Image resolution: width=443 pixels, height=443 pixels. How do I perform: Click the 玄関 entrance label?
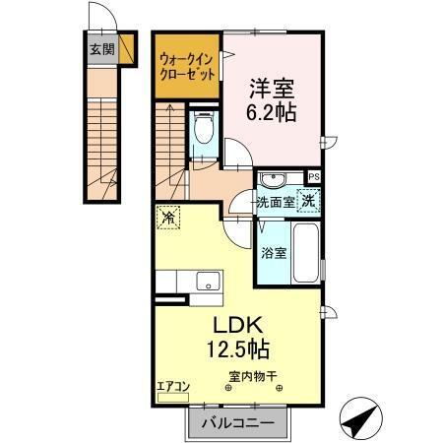point(101,48)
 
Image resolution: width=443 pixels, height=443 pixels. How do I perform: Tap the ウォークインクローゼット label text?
point(185,65)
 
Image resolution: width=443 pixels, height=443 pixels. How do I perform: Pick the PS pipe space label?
point(314,177)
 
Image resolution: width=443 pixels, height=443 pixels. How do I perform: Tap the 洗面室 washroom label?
point(276,202)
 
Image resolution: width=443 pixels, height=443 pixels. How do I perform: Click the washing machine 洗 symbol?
point(308,200)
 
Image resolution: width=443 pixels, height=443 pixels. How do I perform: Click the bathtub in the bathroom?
point(306,253)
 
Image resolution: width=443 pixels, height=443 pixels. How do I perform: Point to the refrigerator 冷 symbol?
point(169,219)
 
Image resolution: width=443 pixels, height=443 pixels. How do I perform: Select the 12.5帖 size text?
point(236,348)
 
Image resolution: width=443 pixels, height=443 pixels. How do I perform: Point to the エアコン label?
point(173,386)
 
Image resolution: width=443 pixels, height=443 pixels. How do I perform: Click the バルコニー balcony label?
point(237,423)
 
